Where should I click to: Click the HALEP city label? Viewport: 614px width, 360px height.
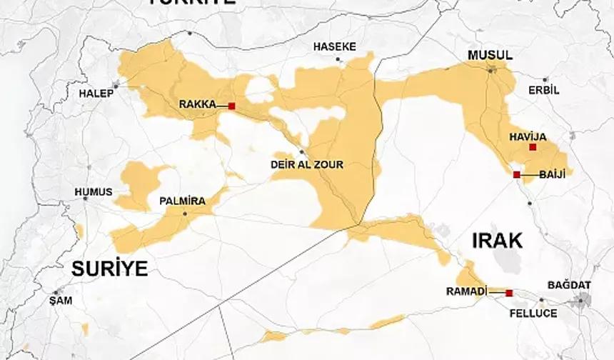coord(96,94)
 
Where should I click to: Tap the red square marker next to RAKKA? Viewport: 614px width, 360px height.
coord(231,106)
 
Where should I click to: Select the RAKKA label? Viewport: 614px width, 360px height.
coord(197,104)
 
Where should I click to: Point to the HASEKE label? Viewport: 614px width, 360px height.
coord(334,46)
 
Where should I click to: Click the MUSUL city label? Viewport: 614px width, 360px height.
coord(490,56)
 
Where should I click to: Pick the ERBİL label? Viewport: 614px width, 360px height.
coord(544,91)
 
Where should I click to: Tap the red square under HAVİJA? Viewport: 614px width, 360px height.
coord(533,147)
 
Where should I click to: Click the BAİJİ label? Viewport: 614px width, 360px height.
coord(553,174)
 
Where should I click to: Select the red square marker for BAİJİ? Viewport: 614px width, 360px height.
coord(516,174)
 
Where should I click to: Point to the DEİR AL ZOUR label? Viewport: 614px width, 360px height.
coord(307,165)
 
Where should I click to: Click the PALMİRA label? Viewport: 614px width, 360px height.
coord(183,201)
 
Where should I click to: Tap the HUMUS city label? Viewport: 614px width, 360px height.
coord(94,192)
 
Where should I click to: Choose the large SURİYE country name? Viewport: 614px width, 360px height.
coord(109,269)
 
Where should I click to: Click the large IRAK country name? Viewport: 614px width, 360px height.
coord(497,241)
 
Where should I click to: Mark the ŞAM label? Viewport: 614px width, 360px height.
coord(61,301)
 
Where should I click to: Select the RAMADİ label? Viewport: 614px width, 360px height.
coord(466,291)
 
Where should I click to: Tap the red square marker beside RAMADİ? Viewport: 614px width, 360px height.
coord(509,293)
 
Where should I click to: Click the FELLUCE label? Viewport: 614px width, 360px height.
coord(533,313)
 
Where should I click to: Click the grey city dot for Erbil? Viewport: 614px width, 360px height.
coord(545,80)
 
